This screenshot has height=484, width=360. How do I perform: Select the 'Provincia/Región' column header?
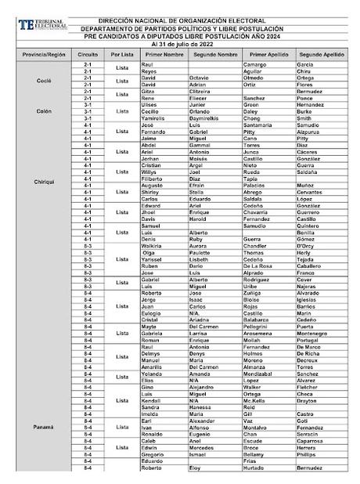tap(44, 56)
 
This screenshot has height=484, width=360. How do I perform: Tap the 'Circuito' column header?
tap(88, 56)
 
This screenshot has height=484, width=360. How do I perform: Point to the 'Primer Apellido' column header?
tap(266, 56)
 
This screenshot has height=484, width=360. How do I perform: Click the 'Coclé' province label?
tap(44, 81)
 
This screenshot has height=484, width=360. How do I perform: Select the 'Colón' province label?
tap(44, 111)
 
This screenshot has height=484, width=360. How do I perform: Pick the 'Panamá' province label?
tap(44, 427)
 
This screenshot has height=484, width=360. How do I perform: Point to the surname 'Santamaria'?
tap(258, 125)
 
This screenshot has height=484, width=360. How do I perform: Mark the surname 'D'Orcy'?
tap(308, 246)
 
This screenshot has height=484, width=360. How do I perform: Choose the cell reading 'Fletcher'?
tap(310, 387)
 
